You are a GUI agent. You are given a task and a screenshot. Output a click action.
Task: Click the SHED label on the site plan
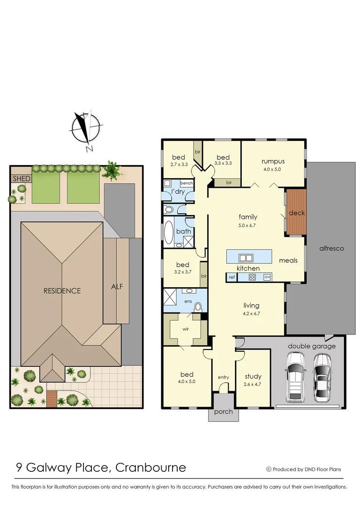point(21,179)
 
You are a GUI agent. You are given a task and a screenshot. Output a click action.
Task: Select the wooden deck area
point(296,212)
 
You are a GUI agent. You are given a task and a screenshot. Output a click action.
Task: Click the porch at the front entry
point(223,411)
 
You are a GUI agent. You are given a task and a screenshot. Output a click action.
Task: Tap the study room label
point(253,376)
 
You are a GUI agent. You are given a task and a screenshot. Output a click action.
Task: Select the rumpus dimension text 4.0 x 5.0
point(273,169)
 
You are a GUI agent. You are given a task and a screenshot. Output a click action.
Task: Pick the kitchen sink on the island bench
point(246,257)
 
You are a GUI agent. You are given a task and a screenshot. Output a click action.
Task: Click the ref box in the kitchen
point(231,277)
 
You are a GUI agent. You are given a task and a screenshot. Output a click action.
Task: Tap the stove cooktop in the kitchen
point(252,277)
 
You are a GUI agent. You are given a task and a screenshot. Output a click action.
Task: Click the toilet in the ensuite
point(198,307)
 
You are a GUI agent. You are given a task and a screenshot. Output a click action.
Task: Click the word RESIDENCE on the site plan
point(62,290)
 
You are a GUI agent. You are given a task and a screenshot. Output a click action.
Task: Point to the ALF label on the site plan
point(117,286)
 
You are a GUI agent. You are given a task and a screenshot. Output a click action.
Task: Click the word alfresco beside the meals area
point(331,248)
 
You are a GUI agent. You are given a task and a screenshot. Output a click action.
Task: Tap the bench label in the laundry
point(187,183)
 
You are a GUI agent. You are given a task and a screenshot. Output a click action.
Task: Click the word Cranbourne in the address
point(150,467)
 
